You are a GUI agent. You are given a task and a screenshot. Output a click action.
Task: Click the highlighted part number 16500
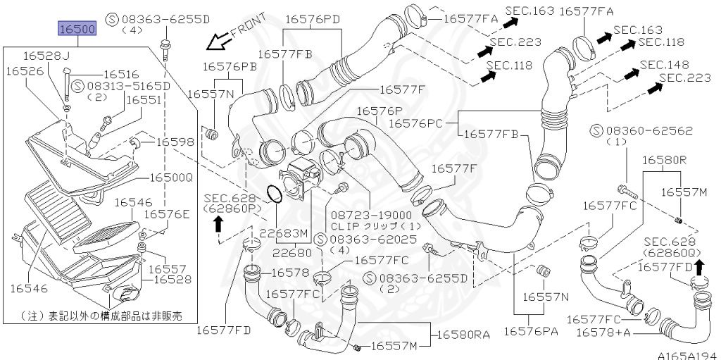tap(75, 30)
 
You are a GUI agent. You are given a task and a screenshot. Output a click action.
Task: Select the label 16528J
tap(46, 56)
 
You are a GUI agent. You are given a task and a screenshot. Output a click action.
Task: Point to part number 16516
tap(121, 74)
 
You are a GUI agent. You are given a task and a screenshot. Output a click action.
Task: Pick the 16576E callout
tap(167, 214)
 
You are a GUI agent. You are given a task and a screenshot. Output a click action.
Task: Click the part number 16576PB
tap(230, 66)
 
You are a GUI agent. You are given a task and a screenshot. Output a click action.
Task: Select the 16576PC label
tap(425, 123)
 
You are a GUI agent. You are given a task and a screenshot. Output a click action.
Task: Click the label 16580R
tap(664, 161)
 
